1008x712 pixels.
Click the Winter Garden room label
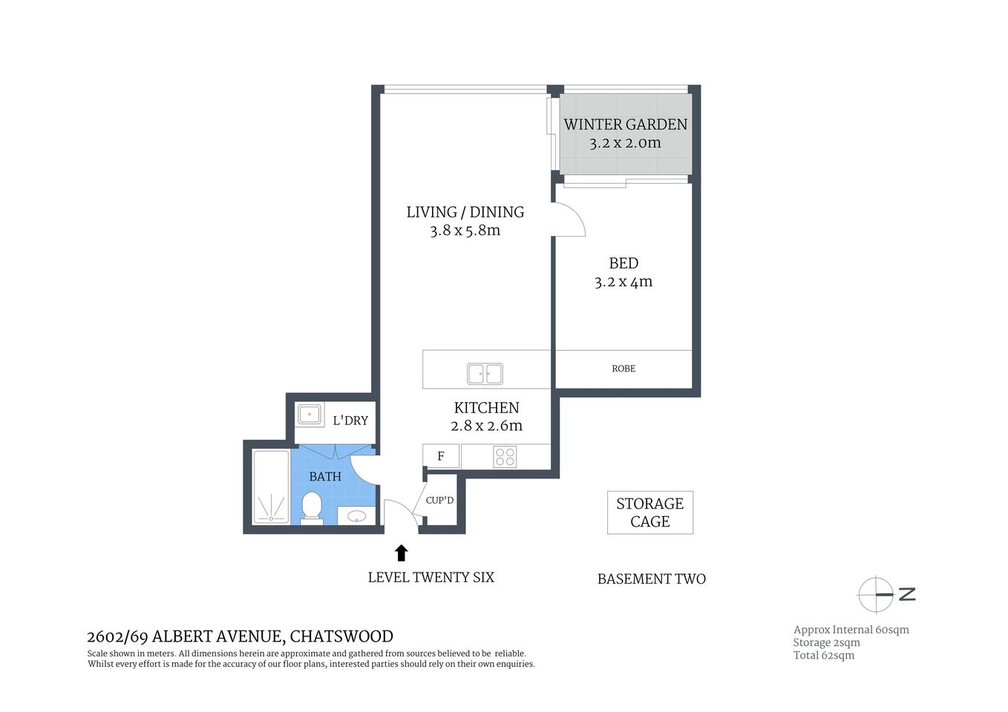[x=625, y=125]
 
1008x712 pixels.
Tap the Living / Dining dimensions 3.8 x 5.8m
[x=465, y=231]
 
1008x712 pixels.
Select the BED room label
[x=624, y=263]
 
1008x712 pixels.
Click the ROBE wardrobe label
[x=624, y=369]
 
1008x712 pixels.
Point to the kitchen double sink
[x=485, y=374]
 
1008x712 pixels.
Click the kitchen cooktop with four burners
[x=505, y=457]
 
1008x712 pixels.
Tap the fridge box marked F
[x=441, y=456]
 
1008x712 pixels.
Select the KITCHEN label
[x=486, y=408]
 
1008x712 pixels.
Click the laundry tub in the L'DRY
[x=310, y=414]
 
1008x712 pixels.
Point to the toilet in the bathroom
[x=312, y=509]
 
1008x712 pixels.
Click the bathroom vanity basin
[x=357, y=515]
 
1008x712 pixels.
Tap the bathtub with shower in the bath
[x=271, y=487]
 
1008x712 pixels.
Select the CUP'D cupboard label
[x=439, y=501]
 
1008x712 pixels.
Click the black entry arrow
[x=401, y=553]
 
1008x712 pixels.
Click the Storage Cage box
[x=649, y=512]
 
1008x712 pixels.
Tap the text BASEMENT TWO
[x=651, y=579]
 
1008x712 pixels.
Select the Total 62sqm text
[x=823, y=656]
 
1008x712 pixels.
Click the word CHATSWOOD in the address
[x=341, y=636]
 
